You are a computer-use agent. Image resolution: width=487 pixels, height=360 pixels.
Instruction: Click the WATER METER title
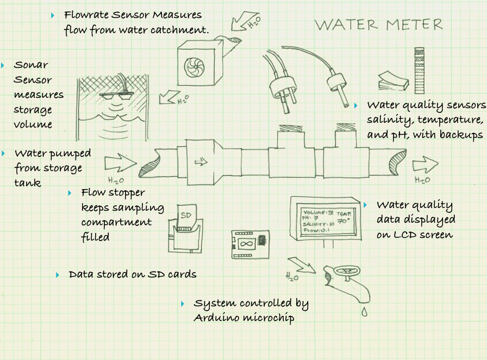click(x=378, y=24)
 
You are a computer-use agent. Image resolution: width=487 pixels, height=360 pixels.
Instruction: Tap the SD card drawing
click(x=186, y=215)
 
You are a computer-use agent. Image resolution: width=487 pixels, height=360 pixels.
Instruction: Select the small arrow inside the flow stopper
click(x=201, y=161)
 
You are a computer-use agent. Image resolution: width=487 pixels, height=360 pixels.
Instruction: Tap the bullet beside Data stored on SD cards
click(x=58, y=275)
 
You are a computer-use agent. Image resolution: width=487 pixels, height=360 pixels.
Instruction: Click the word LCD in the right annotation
click(x=407, y=235)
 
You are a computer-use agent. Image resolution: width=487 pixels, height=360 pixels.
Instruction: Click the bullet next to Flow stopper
click(x=70, y=193)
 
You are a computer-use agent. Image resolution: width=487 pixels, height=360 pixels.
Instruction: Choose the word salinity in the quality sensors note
click(x=388, y=119)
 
